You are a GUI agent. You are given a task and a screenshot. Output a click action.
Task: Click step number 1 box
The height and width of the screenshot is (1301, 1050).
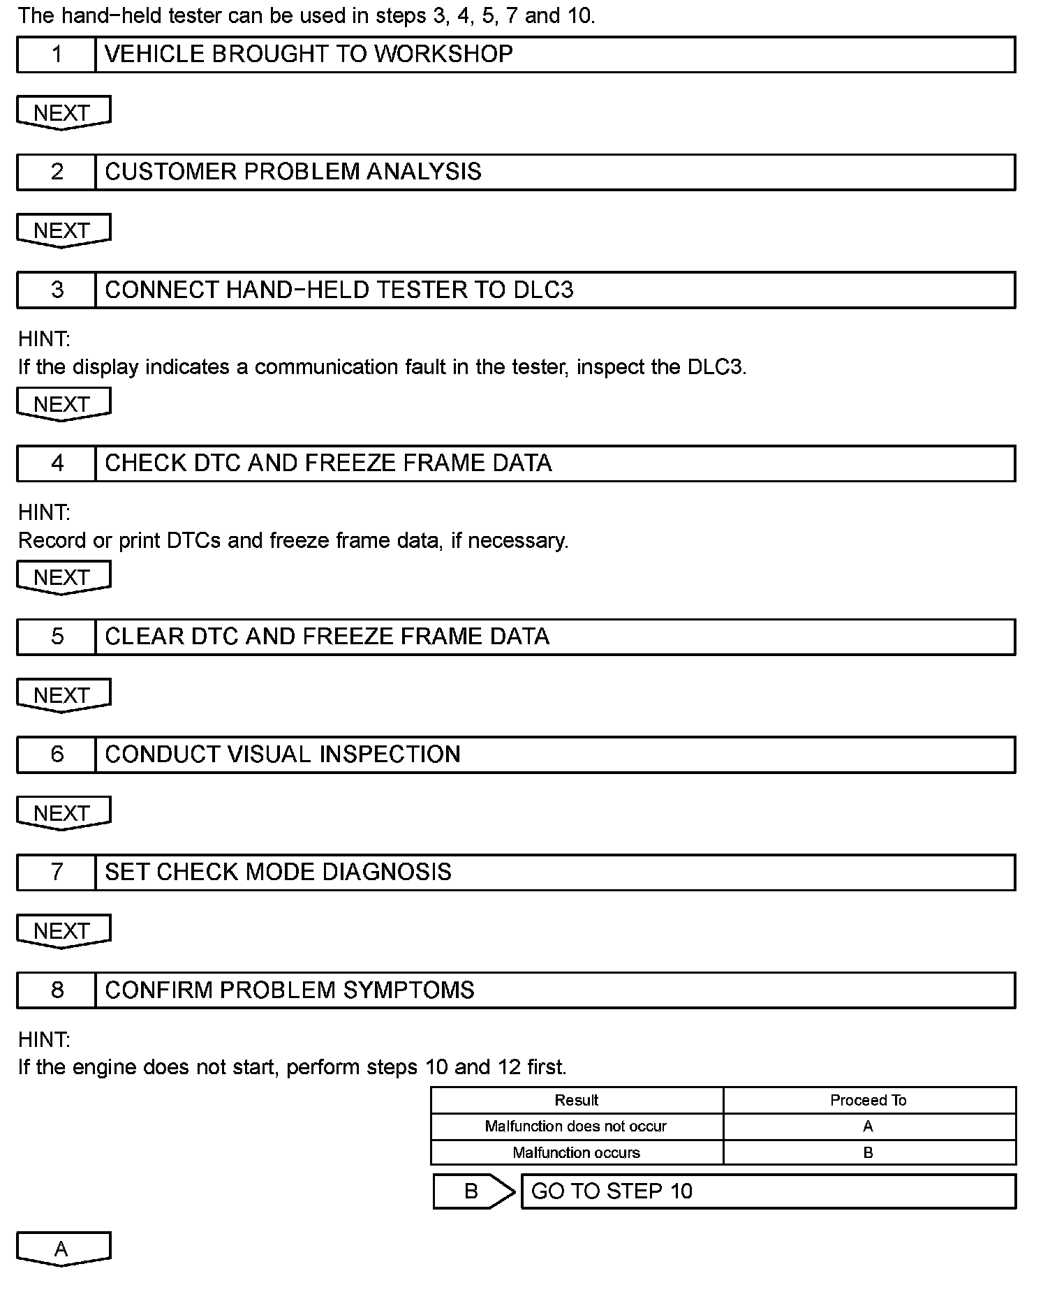[x=57, y=54]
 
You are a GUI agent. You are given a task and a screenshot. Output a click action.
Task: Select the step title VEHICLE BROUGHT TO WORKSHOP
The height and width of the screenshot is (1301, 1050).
[x=309, y=54]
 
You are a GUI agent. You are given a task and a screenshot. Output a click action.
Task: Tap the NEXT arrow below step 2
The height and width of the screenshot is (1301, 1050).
[x=63, y=230]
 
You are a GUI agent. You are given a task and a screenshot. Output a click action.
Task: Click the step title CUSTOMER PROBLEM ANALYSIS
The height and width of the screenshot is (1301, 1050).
[x=293, y=172]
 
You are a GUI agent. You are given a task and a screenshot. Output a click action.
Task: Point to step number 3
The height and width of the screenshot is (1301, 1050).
[x=57, y=290]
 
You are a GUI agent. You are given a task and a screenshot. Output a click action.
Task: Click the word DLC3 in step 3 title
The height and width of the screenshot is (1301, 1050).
[x=543, y=290]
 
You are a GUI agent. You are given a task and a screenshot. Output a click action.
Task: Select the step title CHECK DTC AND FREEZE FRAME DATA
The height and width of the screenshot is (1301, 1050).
[x=328, y=463]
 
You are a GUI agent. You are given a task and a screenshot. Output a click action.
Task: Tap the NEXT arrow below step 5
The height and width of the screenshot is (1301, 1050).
[x=63, y=696]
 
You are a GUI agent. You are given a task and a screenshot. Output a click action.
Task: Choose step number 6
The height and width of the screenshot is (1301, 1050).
[x=57, y=754]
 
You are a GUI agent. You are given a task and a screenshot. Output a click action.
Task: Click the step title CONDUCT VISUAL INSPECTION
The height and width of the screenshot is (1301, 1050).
[x=283, y=754]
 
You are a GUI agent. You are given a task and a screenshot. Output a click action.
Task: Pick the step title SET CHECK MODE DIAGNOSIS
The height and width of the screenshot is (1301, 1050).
[x=278, y=872]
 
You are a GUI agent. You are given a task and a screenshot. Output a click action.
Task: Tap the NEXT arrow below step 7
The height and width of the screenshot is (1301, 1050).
[x=63, y=931]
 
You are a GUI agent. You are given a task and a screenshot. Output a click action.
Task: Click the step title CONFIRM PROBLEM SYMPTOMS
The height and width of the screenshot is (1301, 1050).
[x=290, y=990]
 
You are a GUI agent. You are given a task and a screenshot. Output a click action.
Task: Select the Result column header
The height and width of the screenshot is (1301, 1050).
[x=577, y=1101]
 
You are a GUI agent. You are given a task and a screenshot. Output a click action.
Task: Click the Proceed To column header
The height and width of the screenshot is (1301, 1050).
[x=868, y=1101]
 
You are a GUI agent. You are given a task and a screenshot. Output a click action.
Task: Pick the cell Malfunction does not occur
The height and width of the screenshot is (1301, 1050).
[x=576, y=1127]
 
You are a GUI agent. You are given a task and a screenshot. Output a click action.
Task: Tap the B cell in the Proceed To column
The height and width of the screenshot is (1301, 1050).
[x=868, y=1153]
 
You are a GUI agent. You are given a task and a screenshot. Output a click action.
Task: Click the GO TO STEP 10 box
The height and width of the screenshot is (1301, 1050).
[x=768, y=1191]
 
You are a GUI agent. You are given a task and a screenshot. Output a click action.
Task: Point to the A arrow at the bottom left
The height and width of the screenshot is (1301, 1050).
[x=63, y=1249]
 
